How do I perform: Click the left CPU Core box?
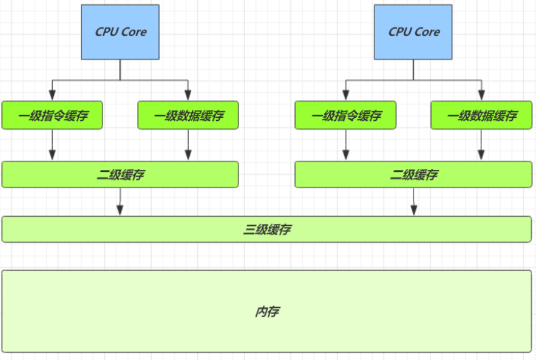tap(120, 32)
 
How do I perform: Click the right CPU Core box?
tap(413, 32)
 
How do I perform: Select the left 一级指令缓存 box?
tap(52, 115)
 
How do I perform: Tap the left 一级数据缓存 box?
tap(188, 115)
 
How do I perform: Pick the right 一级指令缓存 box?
tap(345, 115)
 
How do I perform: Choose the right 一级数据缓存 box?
tap(481, 115)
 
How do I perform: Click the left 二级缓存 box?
tap(120, 175)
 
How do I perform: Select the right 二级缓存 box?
tap(413, 175)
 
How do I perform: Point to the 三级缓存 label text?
tap(267, 229)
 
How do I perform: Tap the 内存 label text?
tap(267, 311)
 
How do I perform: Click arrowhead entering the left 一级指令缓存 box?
tap(52, 95)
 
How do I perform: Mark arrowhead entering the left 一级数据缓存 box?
tap(188, 95)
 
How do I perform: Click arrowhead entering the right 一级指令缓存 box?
tap(345, 95)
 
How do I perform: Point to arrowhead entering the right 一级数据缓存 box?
tap(481, 95)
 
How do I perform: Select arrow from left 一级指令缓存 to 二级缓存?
tap(52, 145)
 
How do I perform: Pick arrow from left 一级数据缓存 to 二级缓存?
tap(188, 145)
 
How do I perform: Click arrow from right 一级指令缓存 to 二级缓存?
tap(345, 145)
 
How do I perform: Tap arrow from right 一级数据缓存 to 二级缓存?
tap(481, 145)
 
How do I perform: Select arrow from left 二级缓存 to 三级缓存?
tap(120, 202)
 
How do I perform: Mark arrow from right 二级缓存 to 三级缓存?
tap(413, 202)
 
